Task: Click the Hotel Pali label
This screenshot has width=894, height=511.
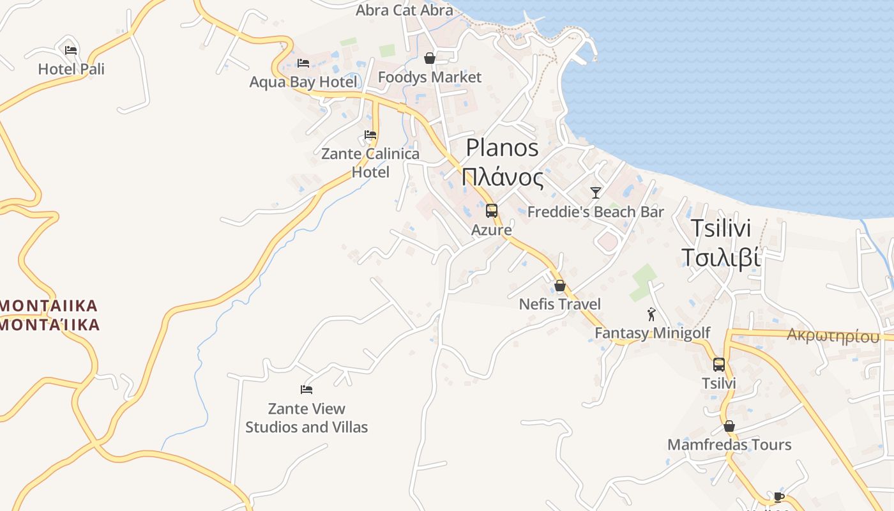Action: [71, 69]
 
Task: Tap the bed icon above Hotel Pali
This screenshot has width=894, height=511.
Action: [71, 50]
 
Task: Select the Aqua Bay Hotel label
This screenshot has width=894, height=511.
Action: [303, 82]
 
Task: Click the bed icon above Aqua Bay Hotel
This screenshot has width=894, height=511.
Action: [303, 63]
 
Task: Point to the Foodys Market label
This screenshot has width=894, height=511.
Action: [429, 77]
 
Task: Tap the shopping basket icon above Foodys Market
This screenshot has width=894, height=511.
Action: [430, 59]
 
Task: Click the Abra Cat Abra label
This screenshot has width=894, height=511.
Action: [404, 10]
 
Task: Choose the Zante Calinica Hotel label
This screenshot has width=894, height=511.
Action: [370, 163]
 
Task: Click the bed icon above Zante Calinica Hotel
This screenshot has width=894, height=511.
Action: [370, 135]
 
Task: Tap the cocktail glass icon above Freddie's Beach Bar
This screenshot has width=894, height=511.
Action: [596, 192]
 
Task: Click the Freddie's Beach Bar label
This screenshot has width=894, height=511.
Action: [595, 212]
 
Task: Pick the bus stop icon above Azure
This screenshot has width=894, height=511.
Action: [491, 210]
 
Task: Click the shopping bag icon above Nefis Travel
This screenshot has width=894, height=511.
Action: [560, 286]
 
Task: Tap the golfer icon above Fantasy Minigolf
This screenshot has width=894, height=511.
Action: [651, 314]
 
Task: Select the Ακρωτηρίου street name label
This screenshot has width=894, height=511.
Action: [833, 335]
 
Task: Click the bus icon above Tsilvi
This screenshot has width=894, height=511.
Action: [719, 365]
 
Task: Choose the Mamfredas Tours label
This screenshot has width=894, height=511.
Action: [729, 445]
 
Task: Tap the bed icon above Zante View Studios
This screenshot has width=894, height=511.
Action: [307, 390]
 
